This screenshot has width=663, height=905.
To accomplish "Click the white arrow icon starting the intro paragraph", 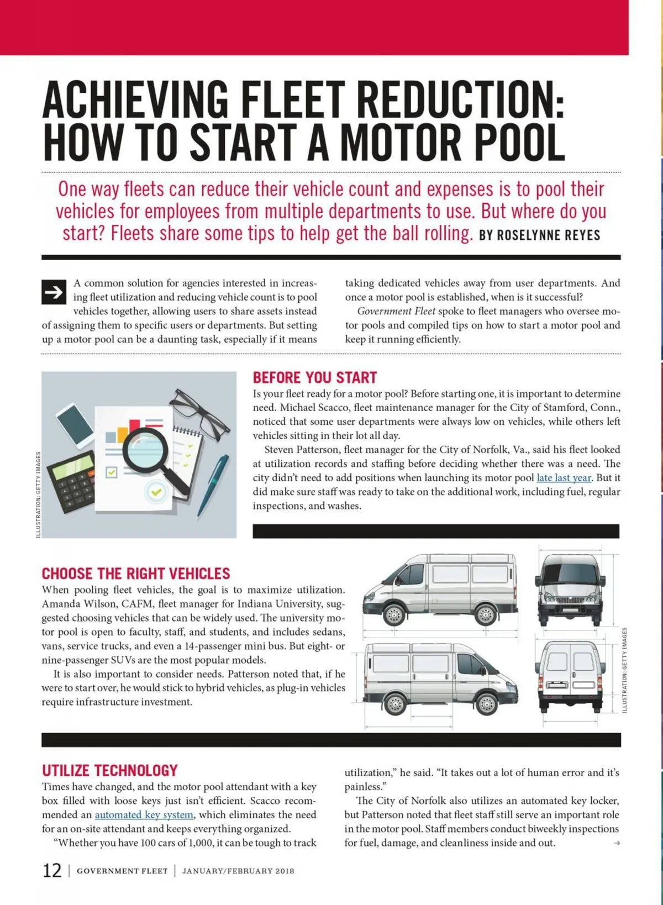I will [x=54, y=292].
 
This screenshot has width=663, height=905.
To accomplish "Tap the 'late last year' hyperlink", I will [x=564, y=478].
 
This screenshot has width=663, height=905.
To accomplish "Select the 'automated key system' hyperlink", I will [x=144, y=815].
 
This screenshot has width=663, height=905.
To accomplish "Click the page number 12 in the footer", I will [x=52, y=871].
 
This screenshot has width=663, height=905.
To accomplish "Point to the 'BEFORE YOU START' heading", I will [x=315, y=378].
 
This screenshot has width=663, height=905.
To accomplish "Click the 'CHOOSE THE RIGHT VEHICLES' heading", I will [x=136, y=573].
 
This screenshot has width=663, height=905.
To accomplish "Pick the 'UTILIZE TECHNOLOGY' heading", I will [x=110, y=771].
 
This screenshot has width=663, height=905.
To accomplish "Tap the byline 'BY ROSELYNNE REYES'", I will [x=539, y=235].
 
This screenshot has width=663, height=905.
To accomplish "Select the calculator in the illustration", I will [x=72, y=480].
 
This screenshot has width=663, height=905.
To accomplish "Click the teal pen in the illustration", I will [x=214, y=485].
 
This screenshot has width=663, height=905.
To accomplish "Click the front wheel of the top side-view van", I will [x=395, y=614].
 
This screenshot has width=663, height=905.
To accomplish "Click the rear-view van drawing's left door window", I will [x=557, y=661].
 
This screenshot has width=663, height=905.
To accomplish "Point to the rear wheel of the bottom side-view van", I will [x=396, y=704].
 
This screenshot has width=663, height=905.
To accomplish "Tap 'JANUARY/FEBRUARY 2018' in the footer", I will [x=238, y=871].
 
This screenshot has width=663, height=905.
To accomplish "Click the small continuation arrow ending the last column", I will [x=617, y=843].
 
